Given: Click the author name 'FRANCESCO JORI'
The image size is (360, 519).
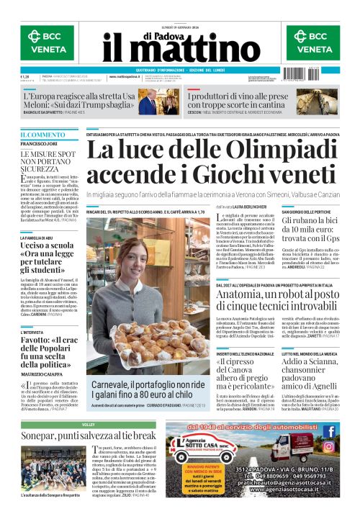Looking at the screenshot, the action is coord(38,145).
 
